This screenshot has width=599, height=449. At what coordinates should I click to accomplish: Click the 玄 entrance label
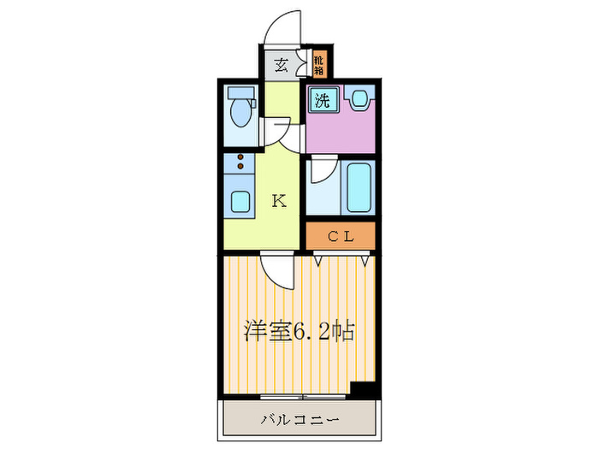click(280, 62)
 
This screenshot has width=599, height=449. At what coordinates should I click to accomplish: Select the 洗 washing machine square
click(323, 99)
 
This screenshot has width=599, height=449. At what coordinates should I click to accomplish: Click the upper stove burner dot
click(240, 157)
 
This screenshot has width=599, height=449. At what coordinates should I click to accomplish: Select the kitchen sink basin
click(240, 203)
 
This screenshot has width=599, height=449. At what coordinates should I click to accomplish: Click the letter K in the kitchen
click(278, 201)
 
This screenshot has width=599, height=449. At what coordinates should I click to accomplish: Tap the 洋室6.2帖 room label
click(299, 329)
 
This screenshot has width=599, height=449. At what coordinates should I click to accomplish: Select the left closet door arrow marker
click(318, 257)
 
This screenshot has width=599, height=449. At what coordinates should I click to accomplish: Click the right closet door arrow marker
click(365, 257)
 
